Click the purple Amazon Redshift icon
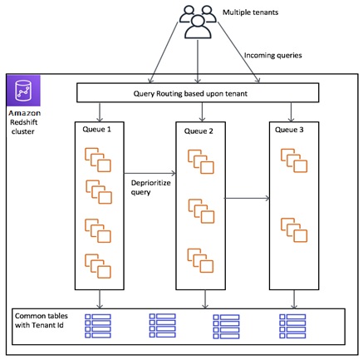tap(23, 91)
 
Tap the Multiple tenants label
tap(250, 12)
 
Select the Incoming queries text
tap(272, 56)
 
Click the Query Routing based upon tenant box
tap(198, 93)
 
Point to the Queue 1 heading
tap(96, 130)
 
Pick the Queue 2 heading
tap(199, 131)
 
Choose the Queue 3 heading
tap(289, 130)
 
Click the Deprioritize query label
tap(150, 188)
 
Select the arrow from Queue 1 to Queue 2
tap(150, 174)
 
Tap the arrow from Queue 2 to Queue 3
tap(248, 198)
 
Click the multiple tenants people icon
tap(198, 22)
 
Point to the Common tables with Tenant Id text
tap(42, 320)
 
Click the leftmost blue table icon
tap(98, 326)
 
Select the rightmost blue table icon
tap(292, 326)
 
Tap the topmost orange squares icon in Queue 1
tap(98, 160)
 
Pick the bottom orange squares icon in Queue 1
tap(98, 266)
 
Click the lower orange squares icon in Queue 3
tap(294, 230)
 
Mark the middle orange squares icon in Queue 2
tap(201, 211)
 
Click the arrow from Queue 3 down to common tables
tap(294, 299)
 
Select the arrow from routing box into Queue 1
tap(100, 112)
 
